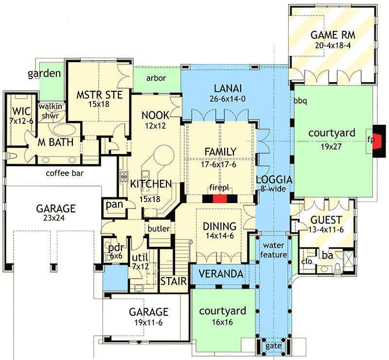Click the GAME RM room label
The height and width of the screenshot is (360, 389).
[333, 34]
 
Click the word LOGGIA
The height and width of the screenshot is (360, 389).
[272, 179]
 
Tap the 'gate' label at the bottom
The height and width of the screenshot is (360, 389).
[273, 345]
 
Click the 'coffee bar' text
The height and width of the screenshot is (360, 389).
[64, 173]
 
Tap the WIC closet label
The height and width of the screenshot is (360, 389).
[21, 110]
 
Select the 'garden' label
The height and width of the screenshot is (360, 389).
[44, 74]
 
